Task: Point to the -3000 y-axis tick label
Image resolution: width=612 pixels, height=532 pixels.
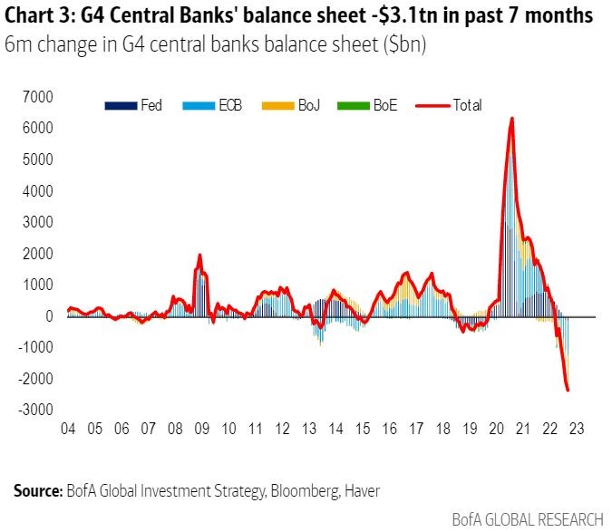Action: [x=34, y=410]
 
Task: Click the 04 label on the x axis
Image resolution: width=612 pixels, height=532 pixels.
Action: [x=68, y=429]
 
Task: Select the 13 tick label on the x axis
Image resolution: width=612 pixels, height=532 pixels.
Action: [x=310, y=429]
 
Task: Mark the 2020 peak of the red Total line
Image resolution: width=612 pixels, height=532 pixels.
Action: [x=512, y=118]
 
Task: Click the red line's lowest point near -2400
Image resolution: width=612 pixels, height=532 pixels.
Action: [x=568, y=391]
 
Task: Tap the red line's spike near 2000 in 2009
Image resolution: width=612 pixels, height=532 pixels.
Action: [x=199, y=255]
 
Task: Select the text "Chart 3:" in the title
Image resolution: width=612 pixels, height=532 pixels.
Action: [x=37, y=16]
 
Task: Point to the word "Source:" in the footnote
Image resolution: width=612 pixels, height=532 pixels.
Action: [x=37, y=490]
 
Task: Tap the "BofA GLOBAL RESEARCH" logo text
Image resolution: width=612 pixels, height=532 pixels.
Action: [x=527, y=519]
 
